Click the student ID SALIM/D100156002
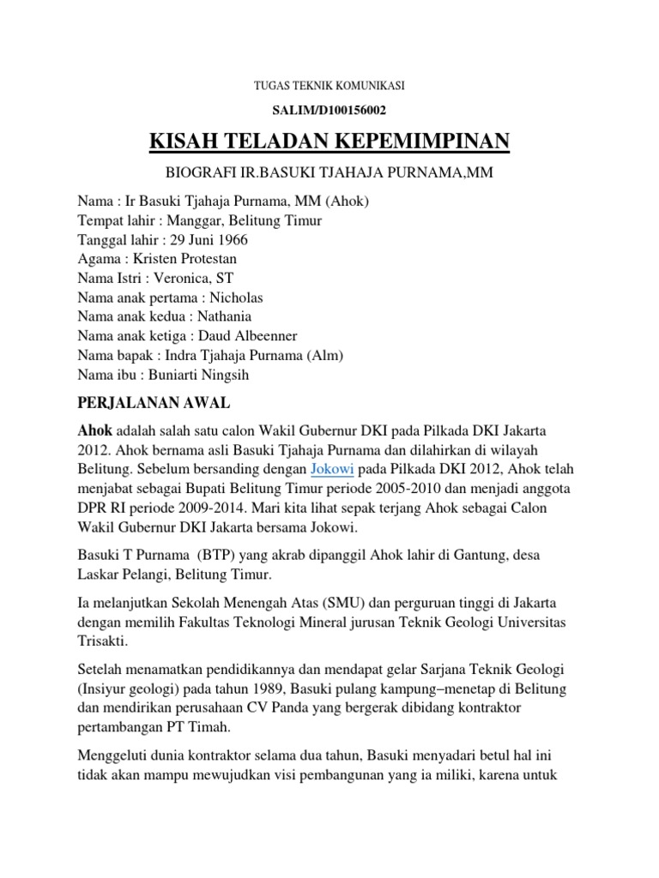329,109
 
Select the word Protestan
206,258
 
